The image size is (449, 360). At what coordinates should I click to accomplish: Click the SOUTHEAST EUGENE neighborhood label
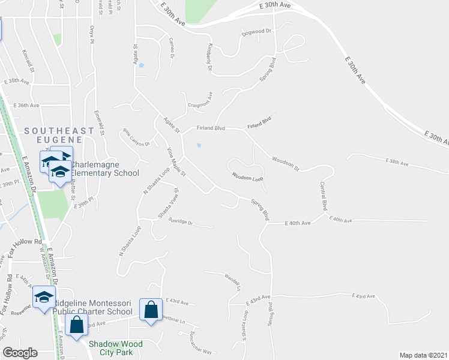pyautogui.click(x=59, y=135)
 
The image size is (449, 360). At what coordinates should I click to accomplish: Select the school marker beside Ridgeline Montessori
pyautogui.click(x=44, y=298)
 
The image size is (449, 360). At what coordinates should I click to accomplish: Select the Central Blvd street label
pyautogui.click(x=324, y=196)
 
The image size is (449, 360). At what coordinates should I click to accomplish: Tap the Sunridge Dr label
pyautogui.click(x=180, y=221)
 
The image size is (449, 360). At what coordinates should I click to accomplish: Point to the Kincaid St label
pyautogui.click(x=28, y=62)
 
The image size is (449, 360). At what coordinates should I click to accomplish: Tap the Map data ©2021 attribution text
pyautogui.click(x=424, y=355)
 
